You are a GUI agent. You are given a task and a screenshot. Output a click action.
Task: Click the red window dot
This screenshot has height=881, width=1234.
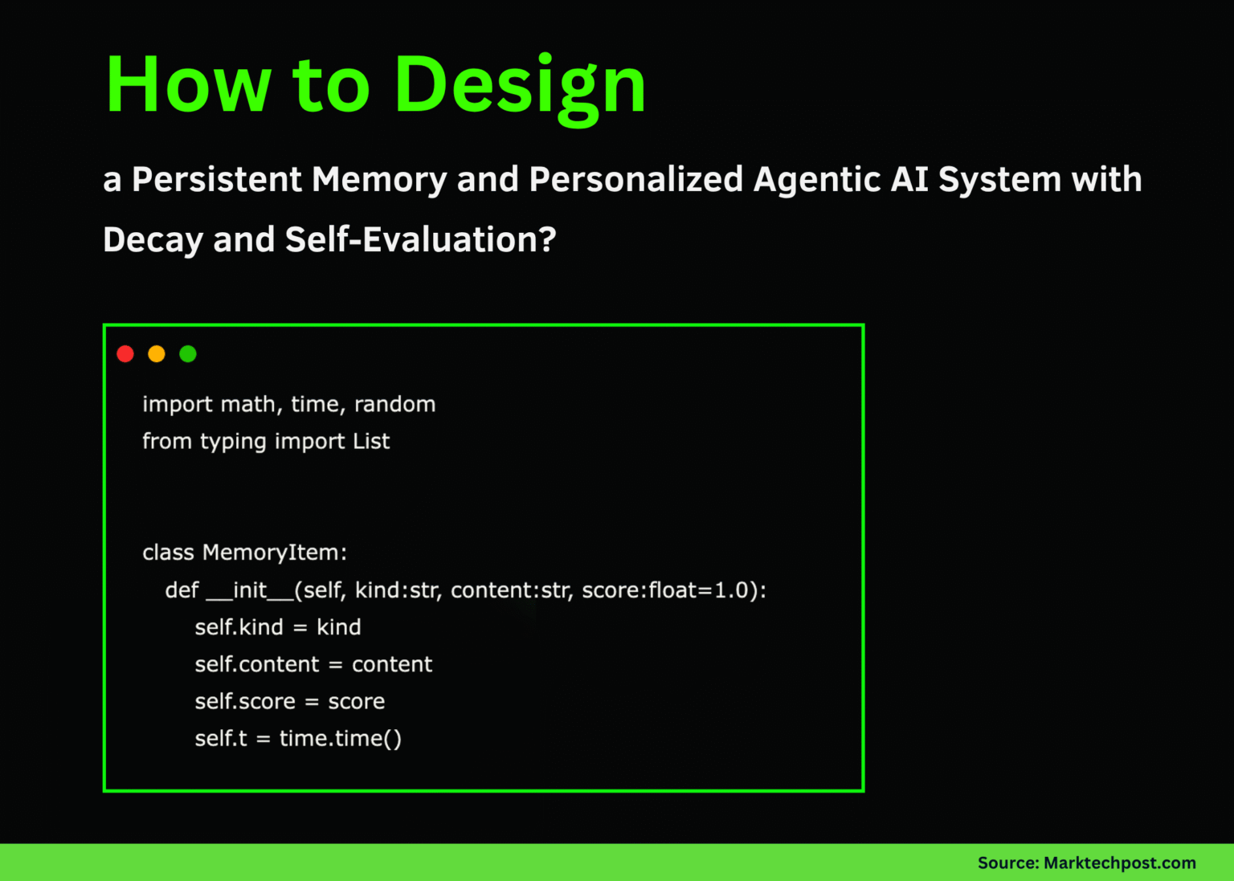coord(125,353)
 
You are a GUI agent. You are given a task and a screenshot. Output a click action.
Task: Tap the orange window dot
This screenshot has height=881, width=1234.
coord(157,353)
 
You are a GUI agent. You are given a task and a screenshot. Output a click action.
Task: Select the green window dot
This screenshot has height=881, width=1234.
coord(188,353)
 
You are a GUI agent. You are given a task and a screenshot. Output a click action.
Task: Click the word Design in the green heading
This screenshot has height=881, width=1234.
coord(520,88)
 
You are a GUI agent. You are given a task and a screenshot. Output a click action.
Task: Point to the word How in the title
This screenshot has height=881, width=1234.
coord(189,84)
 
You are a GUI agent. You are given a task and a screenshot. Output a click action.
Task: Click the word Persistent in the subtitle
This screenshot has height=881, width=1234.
coord(217,180)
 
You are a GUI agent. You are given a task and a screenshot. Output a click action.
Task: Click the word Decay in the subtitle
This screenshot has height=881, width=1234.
coord(153,241)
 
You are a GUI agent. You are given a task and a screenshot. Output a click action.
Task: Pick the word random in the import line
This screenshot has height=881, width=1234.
coord(395,404)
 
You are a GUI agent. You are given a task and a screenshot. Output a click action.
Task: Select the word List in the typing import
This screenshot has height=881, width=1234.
coord(371,441)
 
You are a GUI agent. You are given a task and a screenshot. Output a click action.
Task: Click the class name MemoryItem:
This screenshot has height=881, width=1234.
coord(275,553)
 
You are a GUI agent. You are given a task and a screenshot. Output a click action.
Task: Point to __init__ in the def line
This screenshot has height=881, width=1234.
coord(250,590)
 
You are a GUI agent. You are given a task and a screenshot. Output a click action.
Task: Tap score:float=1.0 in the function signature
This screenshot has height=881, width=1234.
coord(665,589)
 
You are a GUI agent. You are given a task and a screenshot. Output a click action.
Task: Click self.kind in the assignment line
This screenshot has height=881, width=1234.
coord(239,627)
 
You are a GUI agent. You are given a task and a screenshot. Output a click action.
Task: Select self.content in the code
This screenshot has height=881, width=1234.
coord(257,664)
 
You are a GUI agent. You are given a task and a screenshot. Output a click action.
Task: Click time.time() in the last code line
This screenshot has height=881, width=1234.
coord(341,738)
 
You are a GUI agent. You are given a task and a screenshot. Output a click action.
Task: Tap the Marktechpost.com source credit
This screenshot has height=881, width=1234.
coord(1119,863)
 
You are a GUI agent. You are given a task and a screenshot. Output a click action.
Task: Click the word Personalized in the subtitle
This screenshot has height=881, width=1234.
coord(636,180)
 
